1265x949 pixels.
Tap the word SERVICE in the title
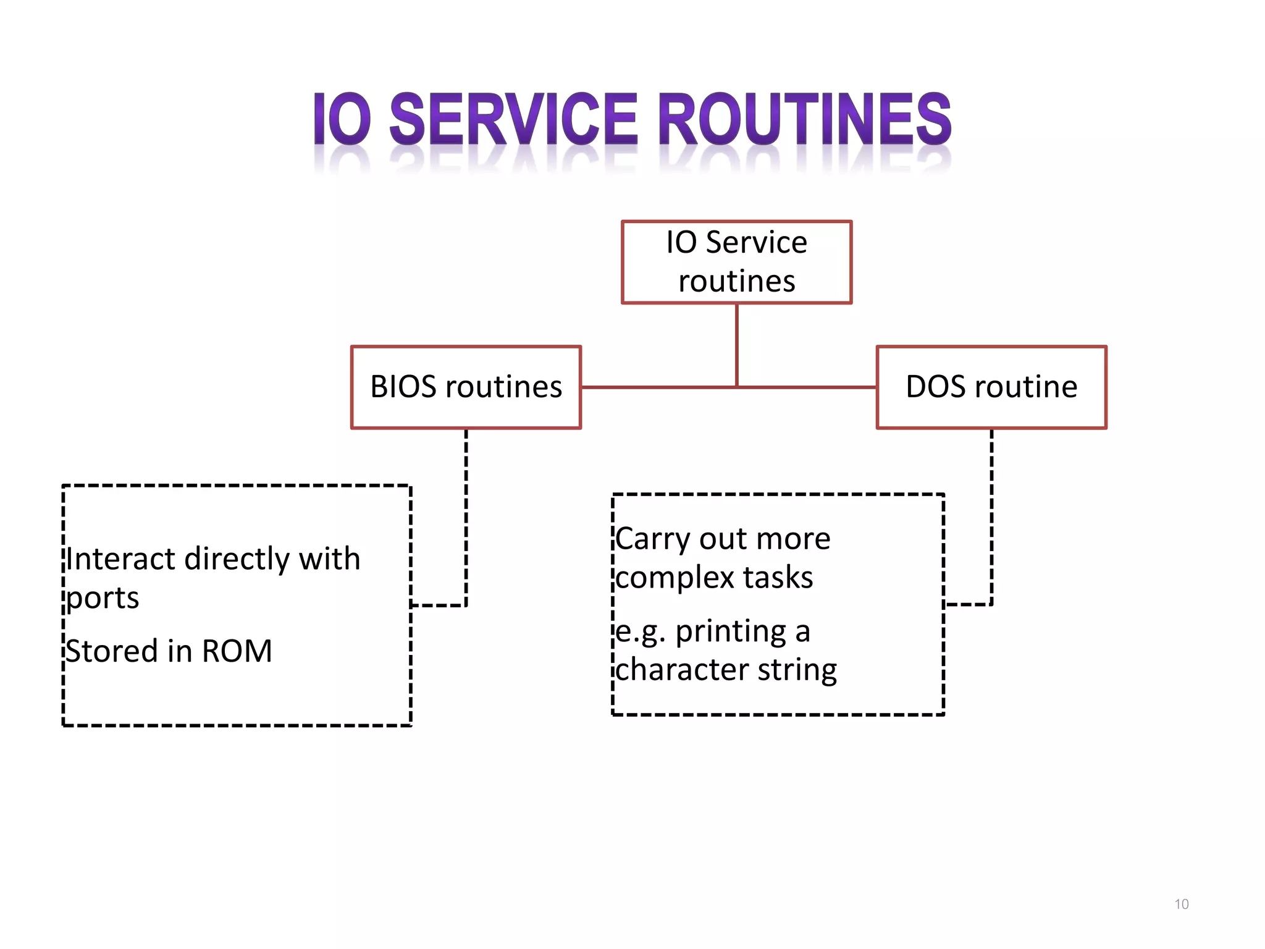coord(513,119)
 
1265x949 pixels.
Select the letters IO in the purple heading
coord(342,119)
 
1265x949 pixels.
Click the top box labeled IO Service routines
coord(736,262)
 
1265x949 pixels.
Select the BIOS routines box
coord(466,387)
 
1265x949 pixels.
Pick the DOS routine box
coord(991,387)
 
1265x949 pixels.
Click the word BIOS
coord(403,387)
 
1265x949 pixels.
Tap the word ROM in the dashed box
coord(237,651)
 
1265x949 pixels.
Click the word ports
coord(103,598)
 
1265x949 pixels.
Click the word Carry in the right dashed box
coord(652,539)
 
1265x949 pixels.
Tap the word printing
coord(731,632)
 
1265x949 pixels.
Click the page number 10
coord(1181,905)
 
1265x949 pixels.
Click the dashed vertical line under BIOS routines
coord(466,513)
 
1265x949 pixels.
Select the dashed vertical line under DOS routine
coord(991,513)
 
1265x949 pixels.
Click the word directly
coord(237,559)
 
